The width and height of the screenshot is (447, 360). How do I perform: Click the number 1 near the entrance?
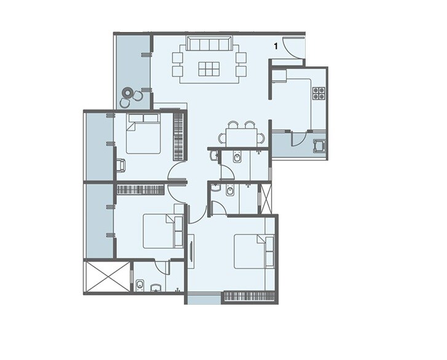click(x=277, y=46)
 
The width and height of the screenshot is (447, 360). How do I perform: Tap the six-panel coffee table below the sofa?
click(x=208, y=69)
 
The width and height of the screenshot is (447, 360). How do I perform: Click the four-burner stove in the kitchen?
click(x=319, y=94)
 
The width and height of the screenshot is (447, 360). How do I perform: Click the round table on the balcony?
click(x=128, y=94)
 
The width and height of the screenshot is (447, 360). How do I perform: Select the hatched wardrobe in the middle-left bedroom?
click(x=141, y=190)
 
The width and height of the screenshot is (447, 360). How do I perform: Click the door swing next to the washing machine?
click(x=298, y=138)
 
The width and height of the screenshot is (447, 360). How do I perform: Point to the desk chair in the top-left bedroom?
click(x=121, y=165)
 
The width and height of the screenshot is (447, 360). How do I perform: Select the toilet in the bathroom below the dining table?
click(x=237, y=159)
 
